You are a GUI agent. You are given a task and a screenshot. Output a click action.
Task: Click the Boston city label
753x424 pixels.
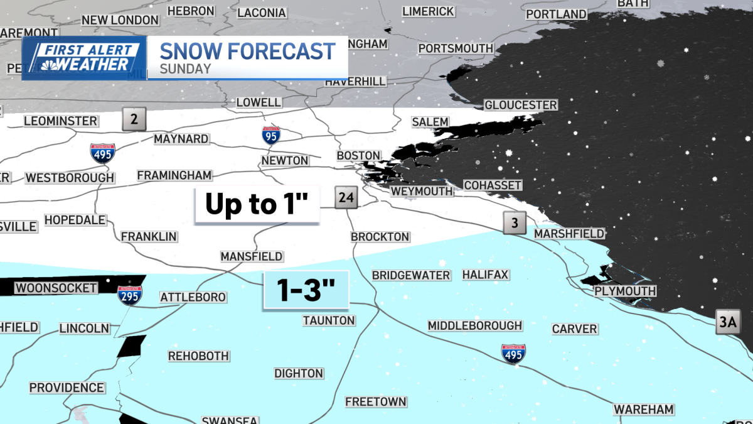pyautogui.click(x=358, y=155)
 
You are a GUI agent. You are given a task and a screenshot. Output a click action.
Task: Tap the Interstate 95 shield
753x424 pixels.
pyautogui.click(x=271, y=134)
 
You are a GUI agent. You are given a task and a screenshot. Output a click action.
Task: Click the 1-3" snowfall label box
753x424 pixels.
pyautogui.click(x=306, y=291)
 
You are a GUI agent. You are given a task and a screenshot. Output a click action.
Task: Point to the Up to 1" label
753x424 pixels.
pyautogui.click(x=257, y=205)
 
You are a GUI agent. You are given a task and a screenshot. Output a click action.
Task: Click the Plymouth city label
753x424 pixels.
pyautogui.click(x=625, y=291)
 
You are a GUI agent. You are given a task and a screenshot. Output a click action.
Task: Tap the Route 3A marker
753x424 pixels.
pyautogui.click(x=729, y=324)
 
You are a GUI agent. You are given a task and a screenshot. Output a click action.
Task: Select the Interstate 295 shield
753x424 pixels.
pyautogui.click(x=129, y=295)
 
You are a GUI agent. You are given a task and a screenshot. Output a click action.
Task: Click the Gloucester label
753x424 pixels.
pyautogui.click(x=520, y=104)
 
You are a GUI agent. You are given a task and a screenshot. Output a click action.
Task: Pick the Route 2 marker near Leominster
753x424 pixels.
pyautogui.click(x=134, y=118)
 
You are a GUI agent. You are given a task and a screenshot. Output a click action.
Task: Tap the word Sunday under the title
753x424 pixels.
pyautogui.click(x=185, y=69)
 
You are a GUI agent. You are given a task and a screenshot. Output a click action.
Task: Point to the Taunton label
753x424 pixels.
pyautogui.click(x=329, y=320)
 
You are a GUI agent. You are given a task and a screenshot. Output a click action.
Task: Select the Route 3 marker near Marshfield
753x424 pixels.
pyautogui.click(x=515, y=222)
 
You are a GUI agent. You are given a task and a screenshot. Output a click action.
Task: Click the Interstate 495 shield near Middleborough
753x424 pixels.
pyautogui.click(x=513, y=353)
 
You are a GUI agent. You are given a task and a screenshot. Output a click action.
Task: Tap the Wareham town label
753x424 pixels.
pyautogui.click(x=643, y=410)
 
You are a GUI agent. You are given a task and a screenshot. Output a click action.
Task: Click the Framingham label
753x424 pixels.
pyautogui.click(x=174, y=175)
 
